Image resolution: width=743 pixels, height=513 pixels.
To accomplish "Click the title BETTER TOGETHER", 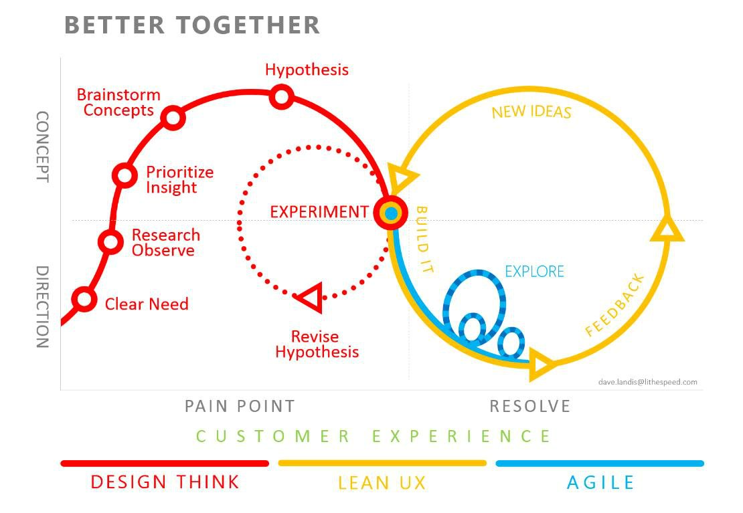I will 192,25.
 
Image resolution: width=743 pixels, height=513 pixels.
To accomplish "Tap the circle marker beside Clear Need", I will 84,299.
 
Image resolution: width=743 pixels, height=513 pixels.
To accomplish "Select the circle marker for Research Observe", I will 110,241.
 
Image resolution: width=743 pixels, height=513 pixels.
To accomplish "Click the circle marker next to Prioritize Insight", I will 125,175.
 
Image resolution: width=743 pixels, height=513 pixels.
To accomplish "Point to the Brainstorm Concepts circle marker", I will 173,118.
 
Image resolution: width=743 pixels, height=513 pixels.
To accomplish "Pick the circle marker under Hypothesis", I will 282,97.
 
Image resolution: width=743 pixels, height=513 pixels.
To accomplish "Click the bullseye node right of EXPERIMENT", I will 390,213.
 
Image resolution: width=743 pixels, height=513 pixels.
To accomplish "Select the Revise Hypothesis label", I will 317,344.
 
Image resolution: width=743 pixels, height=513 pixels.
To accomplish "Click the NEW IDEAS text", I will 531,112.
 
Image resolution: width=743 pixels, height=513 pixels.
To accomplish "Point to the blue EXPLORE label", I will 534,272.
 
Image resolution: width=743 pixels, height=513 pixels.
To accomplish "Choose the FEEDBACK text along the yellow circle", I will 614,305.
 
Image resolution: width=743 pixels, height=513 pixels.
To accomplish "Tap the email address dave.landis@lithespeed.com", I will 647,382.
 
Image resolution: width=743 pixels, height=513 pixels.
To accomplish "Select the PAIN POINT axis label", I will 240,406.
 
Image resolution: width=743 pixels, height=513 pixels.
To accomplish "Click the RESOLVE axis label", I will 529,406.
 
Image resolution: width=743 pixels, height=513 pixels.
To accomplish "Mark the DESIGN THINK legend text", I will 165,482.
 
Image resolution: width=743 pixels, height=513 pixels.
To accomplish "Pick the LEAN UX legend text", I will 382,483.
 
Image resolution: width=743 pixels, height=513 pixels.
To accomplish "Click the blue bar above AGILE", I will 600,463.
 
